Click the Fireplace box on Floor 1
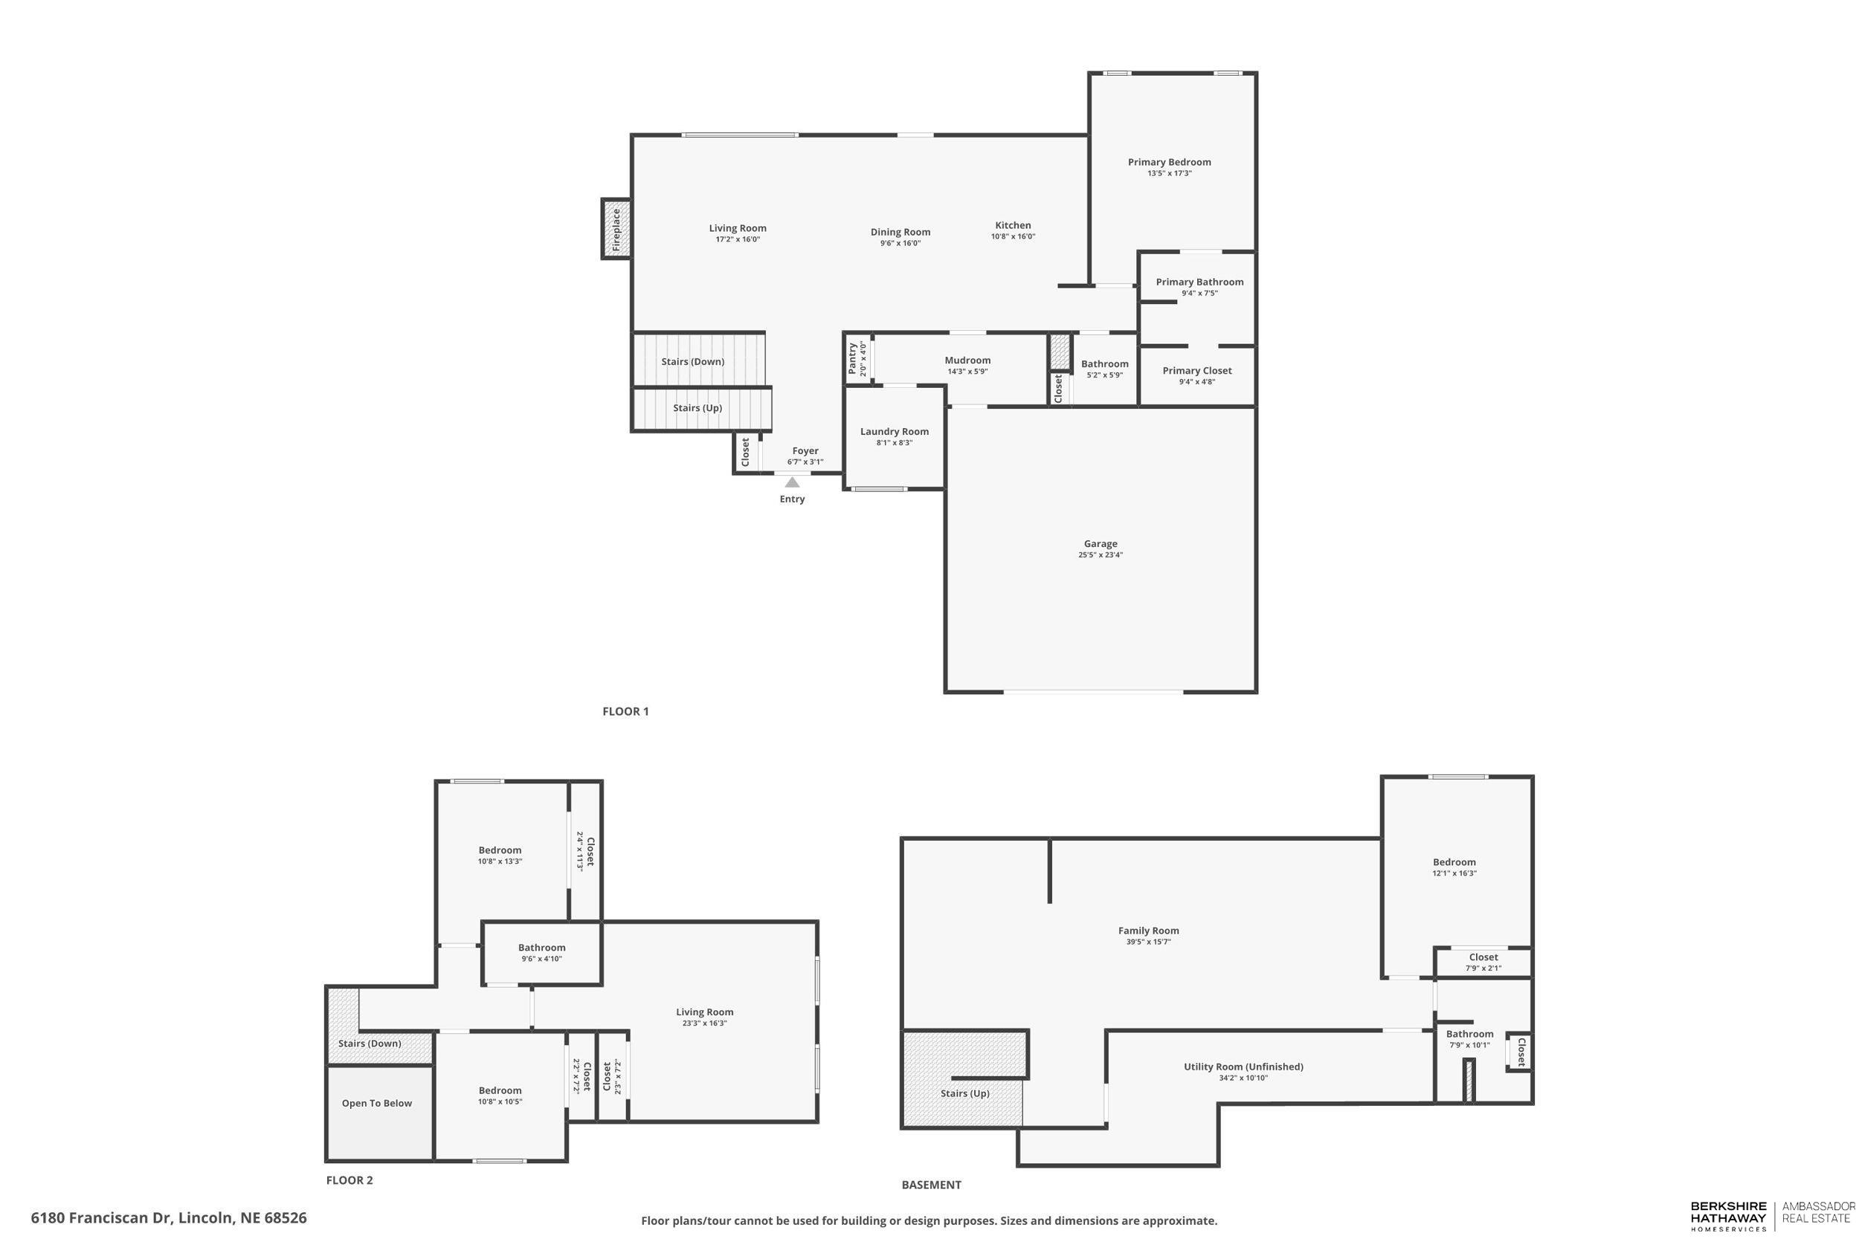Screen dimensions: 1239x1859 pos(616,229)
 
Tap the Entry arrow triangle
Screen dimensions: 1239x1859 pos(792,482)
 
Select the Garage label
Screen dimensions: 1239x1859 pos(1101,543)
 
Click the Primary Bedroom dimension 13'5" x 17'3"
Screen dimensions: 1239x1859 pos(1169,173)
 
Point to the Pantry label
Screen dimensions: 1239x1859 pos(852,358)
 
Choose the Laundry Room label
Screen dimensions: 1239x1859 pos(894,431)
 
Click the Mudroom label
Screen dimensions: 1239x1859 pos(967,360)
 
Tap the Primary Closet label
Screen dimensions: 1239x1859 pos(1196,371)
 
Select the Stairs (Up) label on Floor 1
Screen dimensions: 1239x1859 pos(697,409)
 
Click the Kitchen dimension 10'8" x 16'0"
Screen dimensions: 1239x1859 pos(1013,236)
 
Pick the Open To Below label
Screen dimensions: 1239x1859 pos(377,1103)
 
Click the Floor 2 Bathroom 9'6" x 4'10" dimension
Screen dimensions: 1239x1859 pos(541,959)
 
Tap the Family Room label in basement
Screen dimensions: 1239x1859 pos(1148,931)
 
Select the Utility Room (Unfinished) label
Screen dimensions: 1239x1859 pos(1243,1067)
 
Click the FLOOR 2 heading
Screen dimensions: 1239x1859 pos(349,1180)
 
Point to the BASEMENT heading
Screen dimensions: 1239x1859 pos(931,1185)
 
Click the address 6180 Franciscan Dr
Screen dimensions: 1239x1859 pos(168,1217)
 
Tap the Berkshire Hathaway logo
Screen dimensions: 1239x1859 pos(1728,1216)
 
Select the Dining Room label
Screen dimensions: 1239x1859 pos(900,233)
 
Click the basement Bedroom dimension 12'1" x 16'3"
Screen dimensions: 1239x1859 pos(1454,873)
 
